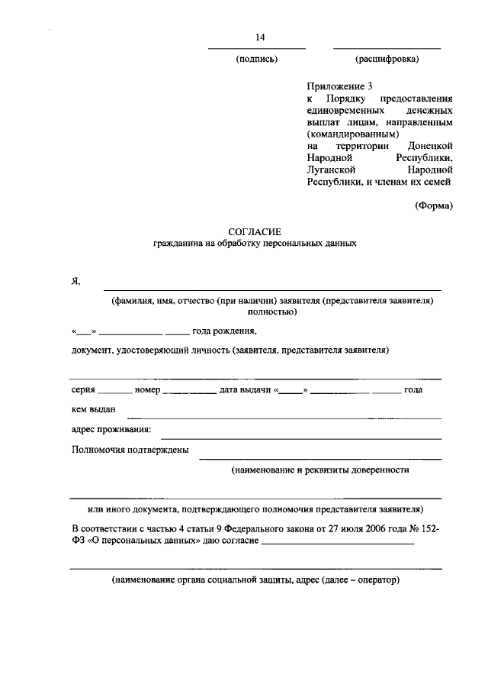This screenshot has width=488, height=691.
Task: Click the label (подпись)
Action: (257, 59)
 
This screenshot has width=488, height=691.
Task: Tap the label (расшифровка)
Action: (387, 59)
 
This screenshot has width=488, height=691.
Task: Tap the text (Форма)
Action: (434, 204)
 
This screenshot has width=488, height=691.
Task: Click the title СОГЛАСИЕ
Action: (255, 231)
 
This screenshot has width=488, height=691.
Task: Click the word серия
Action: (83, 389)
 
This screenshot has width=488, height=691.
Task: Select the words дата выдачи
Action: (244, 389)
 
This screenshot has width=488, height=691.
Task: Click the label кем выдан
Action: (93, 411)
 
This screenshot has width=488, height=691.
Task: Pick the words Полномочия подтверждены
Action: (130, 450)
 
